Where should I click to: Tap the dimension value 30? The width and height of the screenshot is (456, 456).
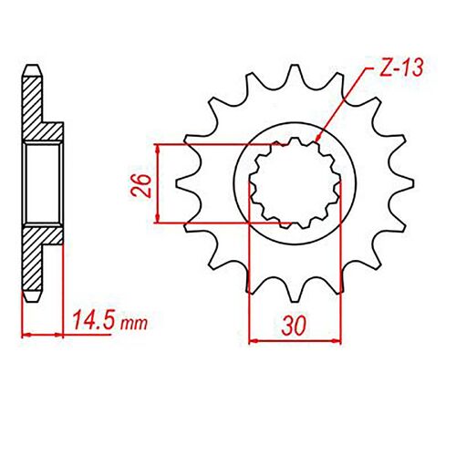[x=293, y=324]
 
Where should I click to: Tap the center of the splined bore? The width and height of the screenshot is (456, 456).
[x=293, y=182]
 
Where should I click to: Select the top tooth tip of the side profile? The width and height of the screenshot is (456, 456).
[x=31, y=67]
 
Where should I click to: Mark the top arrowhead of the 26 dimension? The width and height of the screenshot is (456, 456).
[x=161, y=149]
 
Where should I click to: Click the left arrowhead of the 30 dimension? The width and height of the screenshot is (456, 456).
[x=253, y=340]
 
